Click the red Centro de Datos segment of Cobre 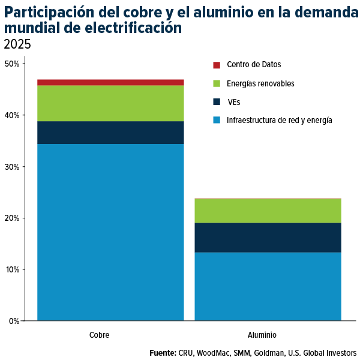click(x=110, y=82)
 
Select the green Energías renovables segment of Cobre click(x=110, y=103)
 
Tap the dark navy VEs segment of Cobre click(x=110, y=133)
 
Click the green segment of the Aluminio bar click(x=268, y=211)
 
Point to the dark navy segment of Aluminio click(x=268, y=238)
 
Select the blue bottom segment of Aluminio click(x=268, y=286)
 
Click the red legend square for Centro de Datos click(x=217, y=65)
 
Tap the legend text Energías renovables click(x=260, y=83)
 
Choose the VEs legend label click(x=234, y=102)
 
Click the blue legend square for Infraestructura click(x=217, y=121)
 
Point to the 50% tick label click(x=12, y=64)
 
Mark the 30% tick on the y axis click(x=12, y=167)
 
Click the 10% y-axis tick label click(x=12, y=269)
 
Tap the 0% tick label click(x=14, y=321)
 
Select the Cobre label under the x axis click(x=99, y=335)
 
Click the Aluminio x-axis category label click(x=262, y=335)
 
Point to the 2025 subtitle click(x=17, y=44)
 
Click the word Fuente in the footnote click(x=162, y=353)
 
